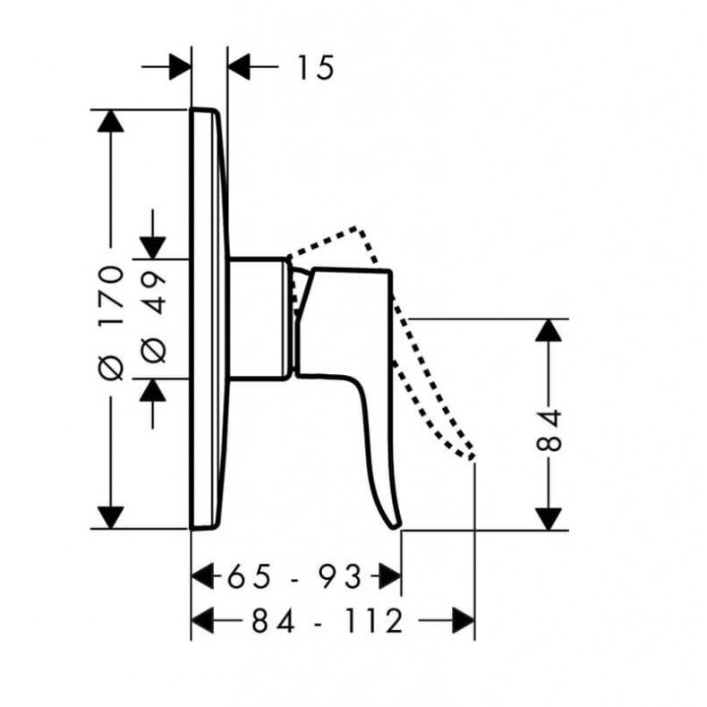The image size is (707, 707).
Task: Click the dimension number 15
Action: (316, 68)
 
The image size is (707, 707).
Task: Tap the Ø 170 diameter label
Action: (111, 323)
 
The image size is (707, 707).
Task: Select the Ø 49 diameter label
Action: (154, 318)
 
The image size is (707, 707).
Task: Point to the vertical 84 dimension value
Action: (549, 430)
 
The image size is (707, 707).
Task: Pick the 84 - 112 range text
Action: (327, 620)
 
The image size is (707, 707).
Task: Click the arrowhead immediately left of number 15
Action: (239, 67)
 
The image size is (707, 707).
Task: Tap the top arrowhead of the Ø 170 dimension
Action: (110, 122)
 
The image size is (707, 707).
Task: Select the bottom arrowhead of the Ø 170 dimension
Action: (110, 517)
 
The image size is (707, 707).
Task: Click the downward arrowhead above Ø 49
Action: (153, 248)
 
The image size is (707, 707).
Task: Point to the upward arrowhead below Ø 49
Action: (153, 390)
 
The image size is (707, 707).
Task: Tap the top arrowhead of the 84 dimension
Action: (549, 330)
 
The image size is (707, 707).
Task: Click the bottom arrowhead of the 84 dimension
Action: (549, 519)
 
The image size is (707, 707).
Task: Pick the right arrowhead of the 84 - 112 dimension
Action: (464, 620)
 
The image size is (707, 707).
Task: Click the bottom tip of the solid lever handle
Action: (396, 526)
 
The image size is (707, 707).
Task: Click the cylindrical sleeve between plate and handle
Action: (258, 319)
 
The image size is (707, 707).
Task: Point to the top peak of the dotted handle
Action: (357, 227)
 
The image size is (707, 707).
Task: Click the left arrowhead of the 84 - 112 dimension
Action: (203, 620)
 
